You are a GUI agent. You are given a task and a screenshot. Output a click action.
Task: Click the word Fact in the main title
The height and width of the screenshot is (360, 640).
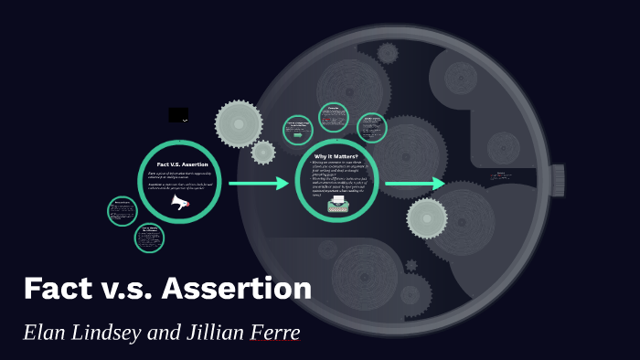(x=61, y=288)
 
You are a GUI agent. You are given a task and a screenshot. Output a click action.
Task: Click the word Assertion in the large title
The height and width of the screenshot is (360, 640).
(x=237, y=288)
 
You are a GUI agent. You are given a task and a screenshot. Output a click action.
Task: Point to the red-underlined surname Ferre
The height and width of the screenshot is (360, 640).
(x=274, y=332)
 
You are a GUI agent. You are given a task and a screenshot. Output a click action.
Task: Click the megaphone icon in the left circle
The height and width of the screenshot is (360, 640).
(x=180, y=202)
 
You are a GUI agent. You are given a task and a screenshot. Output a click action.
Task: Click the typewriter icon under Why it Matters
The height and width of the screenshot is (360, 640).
(x=337, y=203)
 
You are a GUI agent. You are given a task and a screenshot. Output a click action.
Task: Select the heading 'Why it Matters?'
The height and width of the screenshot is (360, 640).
(x=337, y=156)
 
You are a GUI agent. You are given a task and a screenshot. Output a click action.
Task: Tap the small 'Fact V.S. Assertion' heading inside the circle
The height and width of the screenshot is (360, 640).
(x=182, y=164)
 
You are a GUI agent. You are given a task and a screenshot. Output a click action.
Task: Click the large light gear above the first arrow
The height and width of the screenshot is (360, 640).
(x=239, y=123)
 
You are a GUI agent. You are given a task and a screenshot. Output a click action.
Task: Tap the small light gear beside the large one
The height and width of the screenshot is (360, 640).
(x=263, y=152)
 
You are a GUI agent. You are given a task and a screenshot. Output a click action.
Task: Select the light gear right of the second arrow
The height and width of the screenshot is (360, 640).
(x=427, y=217)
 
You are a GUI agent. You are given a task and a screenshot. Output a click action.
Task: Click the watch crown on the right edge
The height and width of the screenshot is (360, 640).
(x=557, y=180)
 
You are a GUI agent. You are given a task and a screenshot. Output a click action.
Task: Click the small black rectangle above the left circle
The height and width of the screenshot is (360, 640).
(x=178, y=115)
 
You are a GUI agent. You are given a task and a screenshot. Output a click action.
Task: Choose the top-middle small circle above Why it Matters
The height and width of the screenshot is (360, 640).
(x=334, y=117)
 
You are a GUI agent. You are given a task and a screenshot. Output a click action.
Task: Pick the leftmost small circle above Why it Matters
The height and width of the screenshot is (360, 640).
(x=298, y=129)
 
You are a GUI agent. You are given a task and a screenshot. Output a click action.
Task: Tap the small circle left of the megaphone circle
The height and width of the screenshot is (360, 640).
(x=122, y=211)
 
